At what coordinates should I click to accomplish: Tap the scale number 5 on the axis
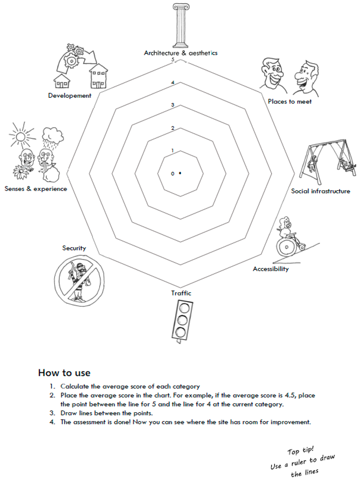[172, 60]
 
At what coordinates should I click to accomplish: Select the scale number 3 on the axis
[172, 105]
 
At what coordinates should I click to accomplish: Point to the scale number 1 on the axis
[172, 151]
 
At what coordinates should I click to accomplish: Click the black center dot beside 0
[180, 173]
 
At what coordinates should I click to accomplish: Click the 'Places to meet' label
[290, 101]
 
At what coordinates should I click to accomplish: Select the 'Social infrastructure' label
[321, 191]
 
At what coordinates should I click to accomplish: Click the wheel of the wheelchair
[286, 246]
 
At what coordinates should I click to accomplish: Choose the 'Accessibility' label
[271, 269]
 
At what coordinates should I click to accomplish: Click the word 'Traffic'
[181, 293]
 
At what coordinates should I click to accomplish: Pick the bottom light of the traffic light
[180, 333]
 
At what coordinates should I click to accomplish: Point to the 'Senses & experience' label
[36, 189]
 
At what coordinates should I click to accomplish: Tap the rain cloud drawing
[52, 134]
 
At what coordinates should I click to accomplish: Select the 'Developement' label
[69, 95]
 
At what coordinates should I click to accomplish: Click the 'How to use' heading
[64, 373]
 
